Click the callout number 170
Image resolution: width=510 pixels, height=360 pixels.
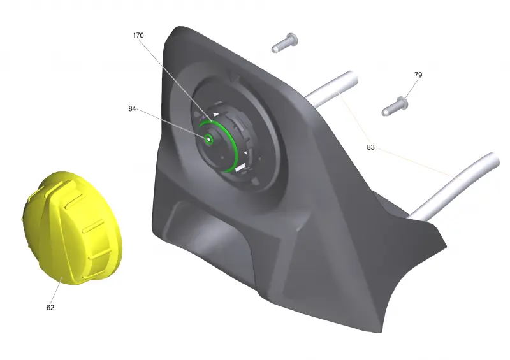pos(138,36)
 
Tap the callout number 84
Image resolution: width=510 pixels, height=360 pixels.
pos(132,108)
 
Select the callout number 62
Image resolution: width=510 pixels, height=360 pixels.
pos(50,307)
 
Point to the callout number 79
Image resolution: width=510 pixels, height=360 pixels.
pos(418,75)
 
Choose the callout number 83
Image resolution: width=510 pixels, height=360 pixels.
pos(370,147)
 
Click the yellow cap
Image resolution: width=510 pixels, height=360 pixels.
pos(71,227)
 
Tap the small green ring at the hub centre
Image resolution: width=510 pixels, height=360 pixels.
pos(208,139)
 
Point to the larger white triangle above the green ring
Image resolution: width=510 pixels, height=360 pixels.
pos(215,115)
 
